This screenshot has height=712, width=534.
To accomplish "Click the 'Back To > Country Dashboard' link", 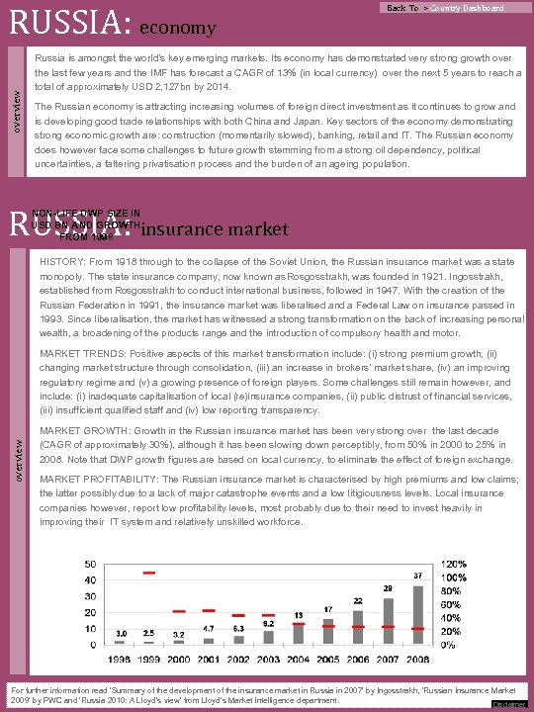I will pos(445,8).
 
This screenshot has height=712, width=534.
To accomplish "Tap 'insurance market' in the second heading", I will pos(216,229).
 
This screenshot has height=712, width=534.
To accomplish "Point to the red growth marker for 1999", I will pos(149,573).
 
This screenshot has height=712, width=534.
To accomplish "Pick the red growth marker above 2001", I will pos(209,610).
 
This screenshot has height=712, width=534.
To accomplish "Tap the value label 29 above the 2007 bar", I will pos(387,587).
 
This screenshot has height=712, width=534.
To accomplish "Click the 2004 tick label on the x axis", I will pos(298,658).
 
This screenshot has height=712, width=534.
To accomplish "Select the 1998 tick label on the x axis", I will pos(120,658).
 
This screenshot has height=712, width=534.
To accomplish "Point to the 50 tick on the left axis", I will pos(90,565).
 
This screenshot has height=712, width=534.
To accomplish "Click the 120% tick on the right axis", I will pos(454,564).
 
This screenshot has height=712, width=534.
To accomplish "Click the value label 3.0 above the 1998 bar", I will pos(120,633).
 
